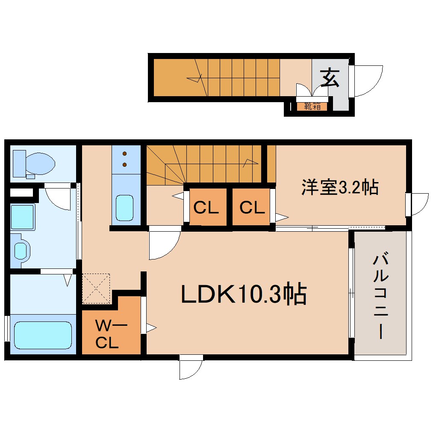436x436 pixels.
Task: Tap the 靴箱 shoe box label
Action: coord(312,106)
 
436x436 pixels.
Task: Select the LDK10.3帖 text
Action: coord(244,295)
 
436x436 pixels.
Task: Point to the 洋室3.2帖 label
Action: coord(340,187)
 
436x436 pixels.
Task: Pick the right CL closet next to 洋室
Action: coord(252,208)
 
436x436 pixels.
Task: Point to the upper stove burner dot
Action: coord(125,153)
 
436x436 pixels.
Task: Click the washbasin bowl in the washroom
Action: coord(21,250)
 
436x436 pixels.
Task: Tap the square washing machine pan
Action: coord(23,217)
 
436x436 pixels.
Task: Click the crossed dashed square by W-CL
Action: coord(97,288)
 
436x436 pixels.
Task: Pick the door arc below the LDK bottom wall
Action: coord(191,368)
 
